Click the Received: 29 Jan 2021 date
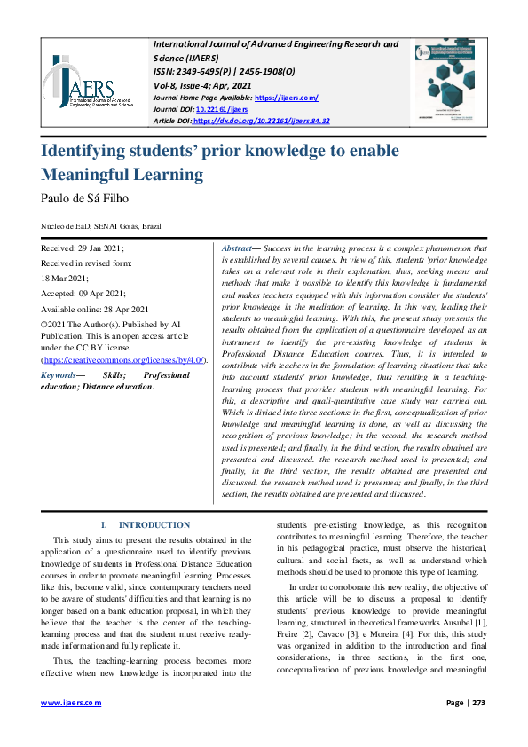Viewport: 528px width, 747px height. pyautogui.click(x=83, y=249)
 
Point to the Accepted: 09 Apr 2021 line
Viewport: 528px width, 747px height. pyautogui.click(x=83, y=294)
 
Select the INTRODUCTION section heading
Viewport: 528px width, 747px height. pyautogui.click(x=154, y=525)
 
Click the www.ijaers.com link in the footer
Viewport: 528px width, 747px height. pyautogui.click(x=72, y=702)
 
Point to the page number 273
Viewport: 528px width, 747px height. pyautogui.click(x=480, y=702)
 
